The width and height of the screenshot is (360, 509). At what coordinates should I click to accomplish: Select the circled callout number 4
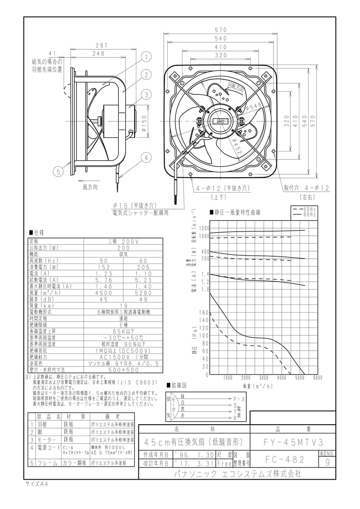(146, 158)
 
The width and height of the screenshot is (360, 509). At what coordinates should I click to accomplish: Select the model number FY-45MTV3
(293, 442)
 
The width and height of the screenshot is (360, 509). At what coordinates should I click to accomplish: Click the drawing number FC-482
(284, 459)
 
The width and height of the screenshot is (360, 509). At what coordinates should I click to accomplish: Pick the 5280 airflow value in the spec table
(142, 293)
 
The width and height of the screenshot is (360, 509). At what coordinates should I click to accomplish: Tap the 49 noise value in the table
(142, 299)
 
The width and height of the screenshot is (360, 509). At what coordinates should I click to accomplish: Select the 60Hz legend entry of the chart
(310, 215)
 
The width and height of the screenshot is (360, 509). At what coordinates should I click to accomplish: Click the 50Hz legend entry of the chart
(310, 210)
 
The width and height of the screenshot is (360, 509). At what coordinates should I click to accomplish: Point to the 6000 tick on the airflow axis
(317, 378)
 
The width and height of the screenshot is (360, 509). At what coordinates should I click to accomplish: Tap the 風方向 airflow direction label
(90, 187)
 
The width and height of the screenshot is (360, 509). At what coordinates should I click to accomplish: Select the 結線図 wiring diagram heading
(178, 386)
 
